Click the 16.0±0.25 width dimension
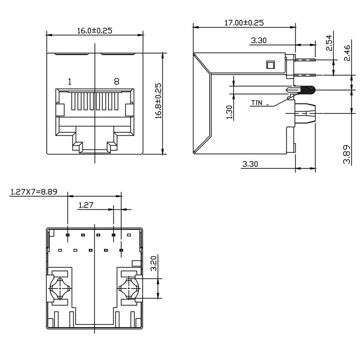point(94,31)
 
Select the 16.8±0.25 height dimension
point(158,100)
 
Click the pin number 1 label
point(69,81)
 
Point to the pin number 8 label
point(117,81)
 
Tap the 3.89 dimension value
point(346,154)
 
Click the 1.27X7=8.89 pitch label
point(34,192)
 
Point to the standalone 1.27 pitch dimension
point(85,205)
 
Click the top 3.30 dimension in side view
point(259,40)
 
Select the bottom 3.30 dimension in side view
point(250,164)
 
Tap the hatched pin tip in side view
point(307,90)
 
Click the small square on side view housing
point(270,65)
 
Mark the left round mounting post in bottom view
point(59,287)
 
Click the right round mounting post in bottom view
point(130,287)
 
